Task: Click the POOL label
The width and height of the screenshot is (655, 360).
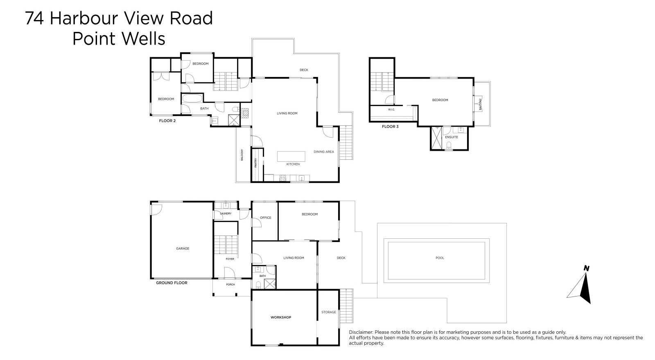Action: [x=440, y=258]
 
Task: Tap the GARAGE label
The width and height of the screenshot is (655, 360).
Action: [x=183, y=249]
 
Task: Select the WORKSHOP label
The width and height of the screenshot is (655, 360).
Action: [x=281, y=317]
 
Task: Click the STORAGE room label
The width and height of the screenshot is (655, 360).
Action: [x=328, y=312]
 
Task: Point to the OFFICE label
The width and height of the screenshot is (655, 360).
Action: [x=265, y=218]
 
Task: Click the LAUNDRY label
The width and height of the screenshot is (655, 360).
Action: [x=226, y=213]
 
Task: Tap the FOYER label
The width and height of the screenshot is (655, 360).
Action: [x=230, y=259]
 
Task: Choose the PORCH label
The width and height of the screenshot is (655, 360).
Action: [x=230, y=284]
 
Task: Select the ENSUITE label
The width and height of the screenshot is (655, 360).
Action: [x=452, y=137]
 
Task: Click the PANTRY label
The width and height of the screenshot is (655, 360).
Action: [x=256, y=163]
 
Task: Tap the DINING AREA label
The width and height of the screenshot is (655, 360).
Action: [x=324, y=152]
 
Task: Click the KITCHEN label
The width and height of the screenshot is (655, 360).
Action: [x=293, y=164]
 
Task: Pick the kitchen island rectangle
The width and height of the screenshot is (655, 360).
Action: [x=291, y=156]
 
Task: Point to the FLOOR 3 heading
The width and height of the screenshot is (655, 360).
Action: [x=390, y=127]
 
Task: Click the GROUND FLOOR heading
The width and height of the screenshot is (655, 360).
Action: [x=172, y=283]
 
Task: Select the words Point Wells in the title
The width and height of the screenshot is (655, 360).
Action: [x=119, y=39]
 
